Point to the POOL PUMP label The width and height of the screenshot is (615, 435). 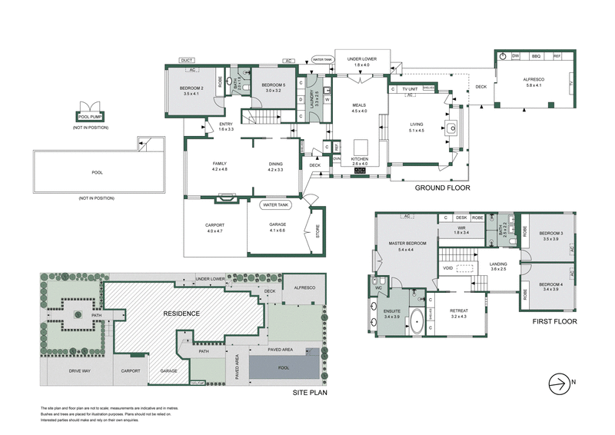[x=90, y=117]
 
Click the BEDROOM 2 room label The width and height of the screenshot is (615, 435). [x=191, y=88]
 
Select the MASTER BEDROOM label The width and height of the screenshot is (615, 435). [x=397, y=246]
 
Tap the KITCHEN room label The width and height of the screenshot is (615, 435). [x=360, y=158]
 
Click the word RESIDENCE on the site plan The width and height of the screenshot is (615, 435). [x=181, y=314]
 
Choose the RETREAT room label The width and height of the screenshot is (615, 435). [x=458, y=310]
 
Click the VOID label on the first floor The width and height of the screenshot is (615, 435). [x=448, y=268]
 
